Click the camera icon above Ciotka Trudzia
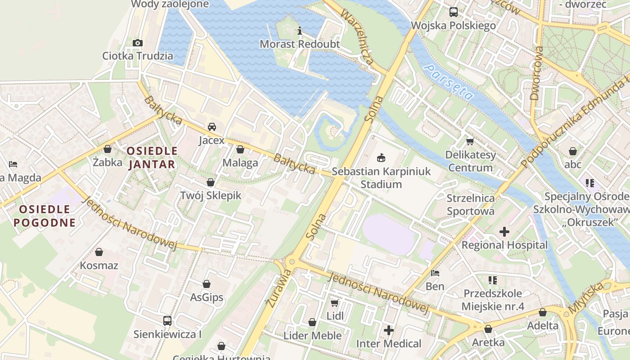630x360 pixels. pos(138,43)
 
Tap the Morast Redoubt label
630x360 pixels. pos(300,44)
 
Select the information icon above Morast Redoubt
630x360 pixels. pos(300,31)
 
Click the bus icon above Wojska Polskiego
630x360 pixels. pos(453,12)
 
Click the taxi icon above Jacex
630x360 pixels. pos(211,127)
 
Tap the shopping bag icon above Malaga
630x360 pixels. pos(240,149)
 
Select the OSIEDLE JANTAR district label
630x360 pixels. pos(152,157)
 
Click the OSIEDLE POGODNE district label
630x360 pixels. pos(45,216)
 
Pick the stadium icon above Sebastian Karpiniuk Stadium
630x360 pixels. pos(381,157)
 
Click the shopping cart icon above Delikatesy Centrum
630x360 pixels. pos(470,141)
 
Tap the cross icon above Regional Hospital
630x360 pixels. pos(504,232)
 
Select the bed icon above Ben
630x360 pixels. pos(435,273)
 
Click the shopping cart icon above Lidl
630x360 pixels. pos(335,303)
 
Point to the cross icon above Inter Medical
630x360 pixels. pos(389,330)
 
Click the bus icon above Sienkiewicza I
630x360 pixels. pos(167,321)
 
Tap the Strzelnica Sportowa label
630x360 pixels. pos(470,204)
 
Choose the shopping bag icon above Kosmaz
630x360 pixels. pos(99,252)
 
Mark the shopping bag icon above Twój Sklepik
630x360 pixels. pos(210,182)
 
